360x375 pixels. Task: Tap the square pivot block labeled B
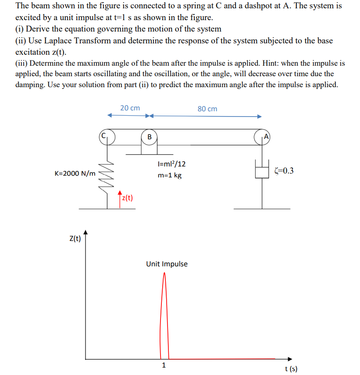pyautogui.click(x=149, y=137)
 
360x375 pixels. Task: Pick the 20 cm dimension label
pyautogui.click(x=130, y=108)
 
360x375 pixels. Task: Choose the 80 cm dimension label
pyautogui.click(x=207, y=109)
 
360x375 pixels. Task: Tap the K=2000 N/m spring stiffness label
pyautogui.click(x=75, y=173)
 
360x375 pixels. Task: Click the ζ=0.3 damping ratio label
pyautogui.click(x=283, y=170)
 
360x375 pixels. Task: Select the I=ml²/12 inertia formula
pyautogui.click(x=171, y=164)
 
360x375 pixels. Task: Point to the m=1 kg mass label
pyautogui.click(x=169, y=175)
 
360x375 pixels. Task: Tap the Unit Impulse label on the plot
pyautogui.click(x=167, y=264)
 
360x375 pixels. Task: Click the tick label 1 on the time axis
pyautogui.click(x=164, y=365)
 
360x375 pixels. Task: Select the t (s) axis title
pyautogui.click(x=291, y=369)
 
